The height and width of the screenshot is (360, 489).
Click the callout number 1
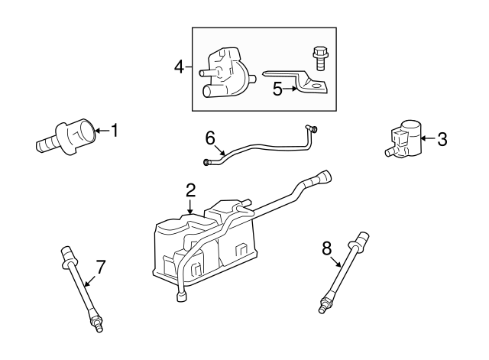click(x=115, y=131)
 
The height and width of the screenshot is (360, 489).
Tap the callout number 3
click(x=442, y=139)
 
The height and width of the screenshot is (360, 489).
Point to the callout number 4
click(x=180, y=67)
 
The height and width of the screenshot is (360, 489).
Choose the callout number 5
click(x=278, y=89)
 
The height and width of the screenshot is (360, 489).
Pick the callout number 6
click(x=211, y=138)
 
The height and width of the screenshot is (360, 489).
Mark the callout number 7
click(x=99, y=267)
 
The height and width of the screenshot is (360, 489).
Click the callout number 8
click(x=327, y=248)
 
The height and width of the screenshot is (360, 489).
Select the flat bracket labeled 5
click(x=302, y=81)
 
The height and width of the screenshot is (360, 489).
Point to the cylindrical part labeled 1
click(x=70, y=137)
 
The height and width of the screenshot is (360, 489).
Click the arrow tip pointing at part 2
click(x=190, y=212)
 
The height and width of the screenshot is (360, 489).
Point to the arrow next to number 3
click(x=429, y=139)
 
